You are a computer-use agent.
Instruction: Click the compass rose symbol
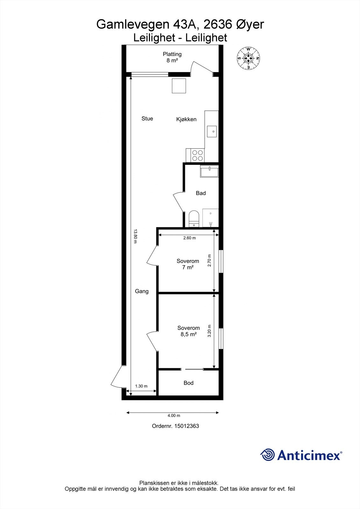[248, 58]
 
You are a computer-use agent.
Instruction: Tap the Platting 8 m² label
[172, 57]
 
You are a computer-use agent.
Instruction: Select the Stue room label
[147, 119]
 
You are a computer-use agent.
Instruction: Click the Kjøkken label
[186, 119]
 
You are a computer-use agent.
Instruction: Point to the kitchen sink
[212, 131]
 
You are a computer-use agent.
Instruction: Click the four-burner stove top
[197, 156]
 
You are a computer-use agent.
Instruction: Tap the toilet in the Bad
[194, 219]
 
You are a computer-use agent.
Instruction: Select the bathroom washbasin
[209, 172]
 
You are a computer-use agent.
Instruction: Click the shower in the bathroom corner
[211, 218]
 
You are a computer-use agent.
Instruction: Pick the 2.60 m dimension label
[189, 238]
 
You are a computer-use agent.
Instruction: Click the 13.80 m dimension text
[135, 236]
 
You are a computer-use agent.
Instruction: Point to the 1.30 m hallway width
[141, 386]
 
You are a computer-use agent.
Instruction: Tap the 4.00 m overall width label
[174, 415]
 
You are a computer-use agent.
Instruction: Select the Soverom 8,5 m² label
[188, 331]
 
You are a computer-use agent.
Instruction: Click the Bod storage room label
[188, 383]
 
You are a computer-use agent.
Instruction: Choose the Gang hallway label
[142, 291]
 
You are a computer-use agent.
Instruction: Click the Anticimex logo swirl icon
[267, 455]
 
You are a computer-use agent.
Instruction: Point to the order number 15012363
[175, 426]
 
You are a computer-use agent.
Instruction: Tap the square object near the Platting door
[179, 86]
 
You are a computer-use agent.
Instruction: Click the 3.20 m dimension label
[209, 331]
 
